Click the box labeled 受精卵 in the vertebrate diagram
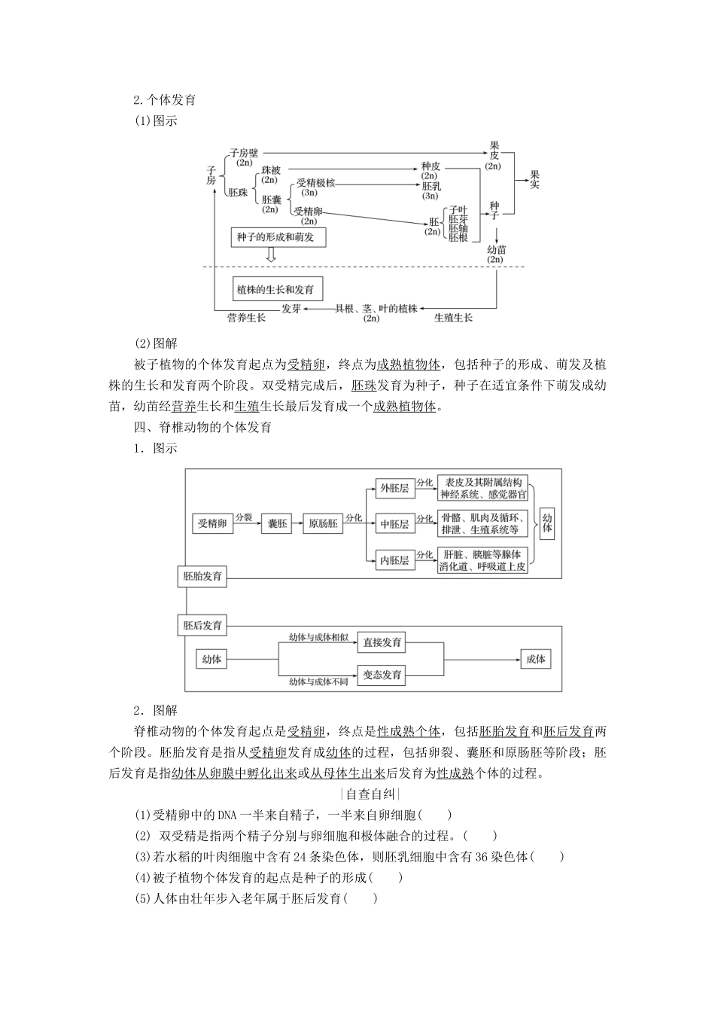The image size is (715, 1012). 212,524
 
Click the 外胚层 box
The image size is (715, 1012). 394,488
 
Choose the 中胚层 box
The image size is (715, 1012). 394,524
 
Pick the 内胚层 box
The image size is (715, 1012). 394,560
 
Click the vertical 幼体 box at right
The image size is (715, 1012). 547,524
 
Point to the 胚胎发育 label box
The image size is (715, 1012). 203,577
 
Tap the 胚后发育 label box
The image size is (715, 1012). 203,625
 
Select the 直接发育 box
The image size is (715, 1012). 382,642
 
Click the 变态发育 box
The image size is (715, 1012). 382,675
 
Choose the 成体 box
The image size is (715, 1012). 535,659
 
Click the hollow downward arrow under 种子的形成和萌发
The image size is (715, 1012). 270,256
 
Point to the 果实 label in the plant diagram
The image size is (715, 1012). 534,179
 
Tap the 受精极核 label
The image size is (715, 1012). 315,183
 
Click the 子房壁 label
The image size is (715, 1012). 244,153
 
